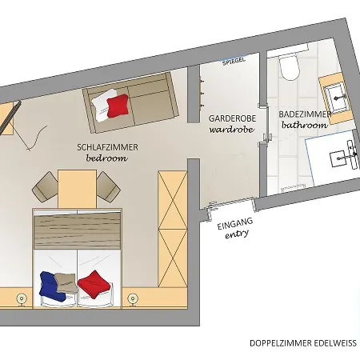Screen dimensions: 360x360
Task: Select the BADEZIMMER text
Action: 304,114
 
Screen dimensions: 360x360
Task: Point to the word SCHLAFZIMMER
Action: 107,148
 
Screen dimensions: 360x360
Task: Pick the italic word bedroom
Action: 107,158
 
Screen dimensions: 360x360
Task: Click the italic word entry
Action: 238,234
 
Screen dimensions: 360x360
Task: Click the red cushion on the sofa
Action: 118,104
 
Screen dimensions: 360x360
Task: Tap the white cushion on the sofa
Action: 102,104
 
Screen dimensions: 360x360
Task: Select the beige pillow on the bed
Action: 69,281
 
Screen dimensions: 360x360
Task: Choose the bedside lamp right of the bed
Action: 133,299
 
